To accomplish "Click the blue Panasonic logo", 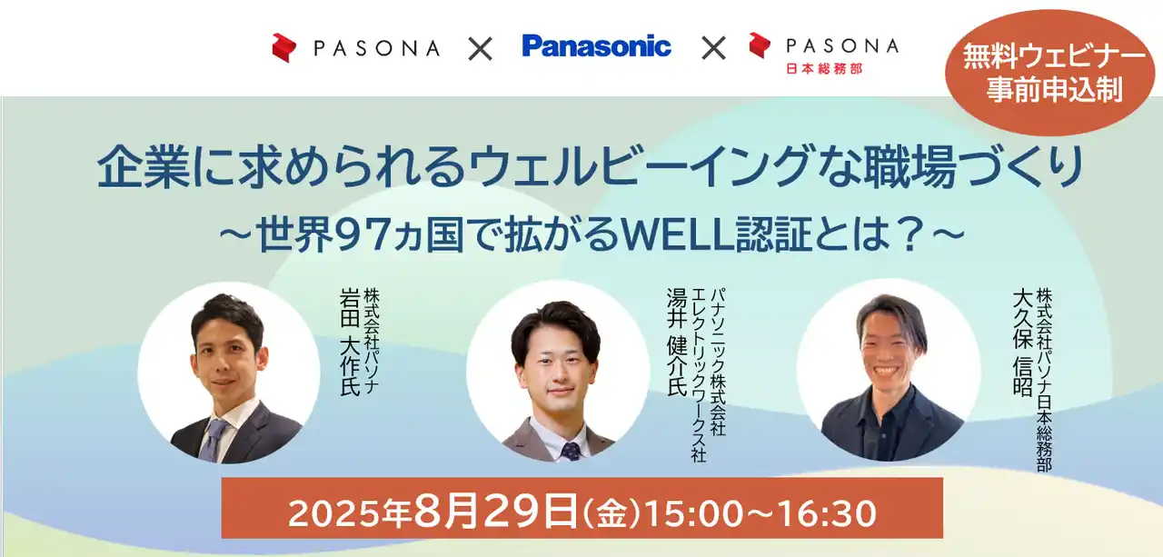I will click(x=596, y=46).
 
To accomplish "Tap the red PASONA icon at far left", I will click(x=284, y=48).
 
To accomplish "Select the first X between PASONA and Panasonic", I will click(x=480, y=48).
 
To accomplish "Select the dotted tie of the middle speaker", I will click(x=571, y=450).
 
